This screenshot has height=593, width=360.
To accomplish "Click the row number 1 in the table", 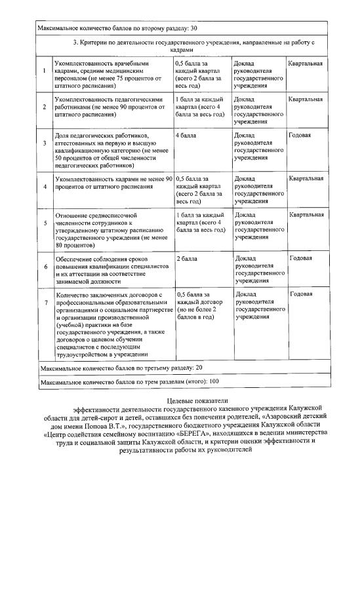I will click(44, 70).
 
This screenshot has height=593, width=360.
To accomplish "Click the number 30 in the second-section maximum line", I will click(194, 29).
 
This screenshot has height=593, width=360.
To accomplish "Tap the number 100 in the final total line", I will click(214, 381).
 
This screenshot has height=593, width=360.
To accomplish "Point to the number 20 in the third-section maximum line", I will click(199, 368).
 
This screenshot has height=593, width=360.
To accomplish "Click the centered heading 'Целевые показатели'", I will click(187, 399).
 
